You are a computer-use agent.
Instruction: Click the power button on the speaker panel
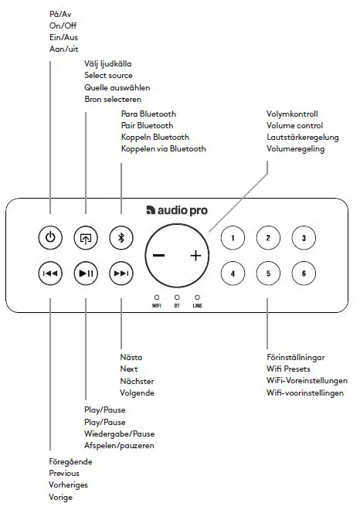pyautogui.click(x=49, y=237)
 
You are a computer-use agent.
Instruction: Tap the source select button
pyautogui.click(x=85, y=237)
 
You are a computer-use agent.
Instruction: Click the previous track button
pyautogui.click(x=49, y=273)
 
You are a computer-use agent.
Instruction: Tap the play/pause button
pyautogui.click(x=85, y=273)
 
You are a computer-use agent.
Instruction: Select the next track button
pyautogui.click(x=121, y=273)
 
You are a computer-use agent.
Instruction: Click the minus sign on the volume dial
pyautogui.click(x=158, y=256)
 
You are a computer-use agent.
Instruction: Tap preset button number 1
pyautogui.click(x=233, y=238)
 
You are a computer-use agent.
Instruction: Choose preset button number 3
pyautogui.click(x=304, y=238)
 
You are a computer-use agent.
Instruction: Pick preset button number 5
pyautogui.click(x=268, y=273)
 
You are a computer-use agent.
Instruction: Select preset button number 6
pyautogui.click(x=304, y=273)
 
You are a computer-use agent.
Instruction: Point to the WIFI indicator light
pyautogui.click(x=156, y=297)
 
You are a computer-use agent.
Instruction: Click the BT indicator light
pyautogui.click(x=177, y=297)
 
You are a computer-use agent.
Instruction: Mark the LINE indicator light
pyautogui.click(x=197, y=297)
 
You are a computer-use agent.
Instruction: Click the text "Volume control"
pyautogui.click(x=294, y=125)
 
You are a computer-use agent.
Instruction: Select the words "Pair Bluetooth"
pyautogui.click(x=147, y=125)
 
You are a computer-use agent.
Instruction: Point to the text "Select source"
pyautogui.click(x=108, y=76)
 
